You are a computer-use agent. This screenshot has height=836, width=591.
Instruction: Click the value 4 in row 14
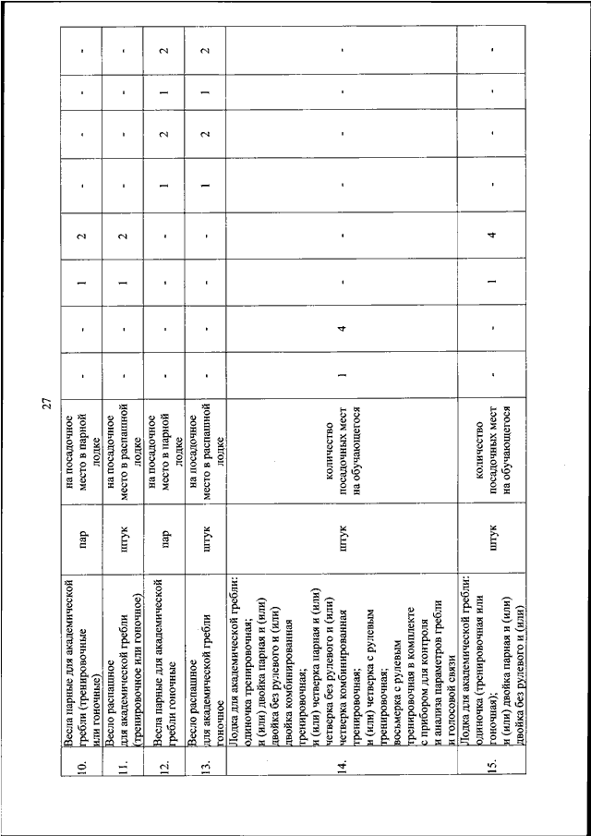pyautogui.click(x=342, y=325)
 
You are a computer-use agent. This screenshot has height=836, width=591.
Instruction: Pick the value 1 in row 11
pyautogui.click(x=123, y=279)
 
